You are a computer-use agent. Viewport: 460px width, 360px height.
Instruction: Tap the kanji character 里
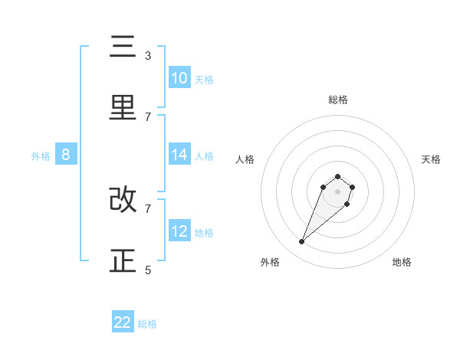tap(123, 107)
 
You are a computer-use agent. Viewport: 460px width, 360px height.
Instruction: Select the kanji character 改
tap(123, 200)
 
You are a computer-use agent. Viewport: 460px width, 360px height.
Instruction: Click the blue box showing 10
tap(179, 78)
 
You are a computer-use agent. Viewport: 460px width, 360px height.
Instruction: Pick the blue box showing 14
tap(179, 155)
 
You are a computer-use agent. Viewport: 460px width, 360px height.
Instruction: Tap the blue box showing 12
tap(179, 231)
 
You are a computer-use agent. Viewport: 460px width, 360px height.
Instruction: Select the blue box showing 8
tap(66, 155)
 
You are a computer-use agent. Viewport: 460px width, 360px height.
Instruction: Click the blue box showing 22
tap(123, 322)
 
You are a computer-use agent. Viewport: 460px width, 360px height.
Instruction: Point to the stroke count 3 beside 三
tap(148, 56)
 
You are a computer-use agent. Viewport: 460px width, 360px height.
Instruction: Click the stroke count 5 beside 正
tap(148, 270)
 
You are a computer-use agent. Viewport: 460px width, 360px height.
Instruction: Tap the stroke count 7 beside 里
tap(148, 116)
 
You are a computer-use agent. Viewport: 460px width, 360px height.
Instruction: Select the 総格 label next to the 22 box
tap(147, 324)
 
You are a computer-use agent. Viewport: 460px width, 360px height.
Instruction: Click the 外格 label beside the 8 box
tap(41, 156)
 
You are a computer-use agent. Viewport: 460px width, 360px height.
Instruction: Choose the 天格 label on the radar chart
tap(431, 159)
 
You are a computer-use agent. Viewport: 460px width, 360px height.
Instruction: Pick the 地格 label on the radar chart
tap(402, 262)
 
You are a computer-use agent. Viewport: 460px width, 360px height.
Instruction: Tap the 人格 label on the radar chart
tap(245, 159)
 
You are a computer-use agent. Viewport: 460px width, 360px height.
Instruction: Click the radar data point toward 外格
tap(302, 242)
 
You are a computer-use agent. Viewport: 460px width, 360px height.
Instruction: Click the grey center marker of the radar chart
tap(337, 191)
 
